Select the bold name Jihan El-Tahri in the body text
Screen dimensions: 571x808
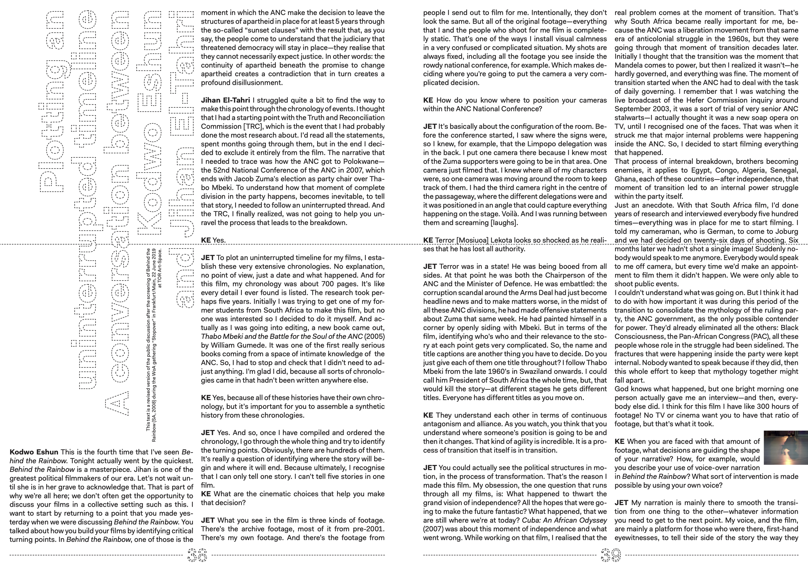225,100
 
